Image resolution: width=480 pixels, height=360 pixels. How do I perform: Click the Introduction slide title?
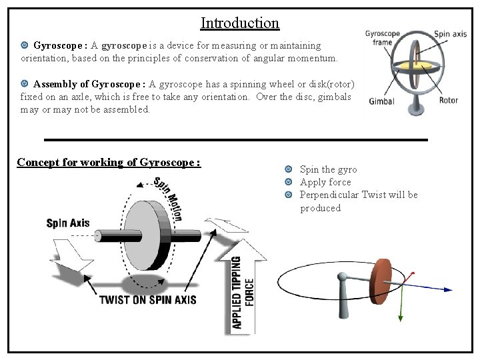click(240, 23)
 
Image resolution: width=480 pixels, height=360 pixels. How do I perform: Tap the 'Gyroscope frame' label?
click(382, 38)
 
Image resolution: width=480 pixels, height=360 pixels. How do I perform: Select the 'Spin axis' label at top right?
click(451, 33)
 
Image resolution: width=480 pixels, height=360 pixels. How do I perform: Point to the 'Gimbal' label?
click(381, 102)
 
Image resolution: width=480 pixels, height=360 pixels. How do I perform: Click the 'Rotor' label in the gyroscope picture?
click(449, 101)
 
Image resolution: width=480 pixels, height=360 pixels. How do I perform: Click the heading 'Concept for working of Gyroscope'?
click(109, 162)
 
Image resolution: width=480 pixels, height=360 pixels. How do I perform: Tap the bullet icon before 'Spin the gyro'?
click(289, 169)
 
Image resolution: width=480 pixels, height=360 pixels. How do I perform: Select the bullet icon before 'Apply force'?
click(289, 182)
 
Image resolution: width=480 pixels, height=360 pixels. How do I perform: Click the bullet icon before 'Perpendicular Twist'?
click(289, 195)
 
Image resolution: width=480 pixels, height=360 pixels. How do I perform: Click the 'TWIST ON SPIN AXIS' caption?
click(147, 299)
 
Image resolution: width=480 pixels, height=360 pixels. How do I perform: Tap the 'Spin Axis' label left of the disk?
click(67, 223)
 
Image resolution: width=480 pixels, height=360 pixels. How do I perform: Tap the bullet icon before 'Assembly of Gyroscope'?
click(25, 84)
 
